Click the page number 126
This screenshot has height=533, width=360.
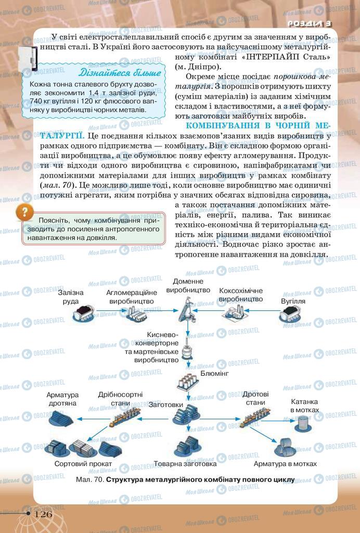click(44, 514)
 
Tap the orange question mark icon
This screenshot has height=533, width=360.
click(23, 212)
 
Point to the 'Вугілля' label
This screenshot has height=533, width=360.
click(293, 301)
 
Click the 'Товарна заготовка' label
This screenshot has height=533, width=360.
click(185, 463)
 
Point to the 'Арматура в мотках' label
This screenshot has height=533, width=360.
click(285, 463)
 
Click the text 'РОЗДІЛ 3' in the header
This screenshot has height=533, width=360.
click(310, 23)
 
